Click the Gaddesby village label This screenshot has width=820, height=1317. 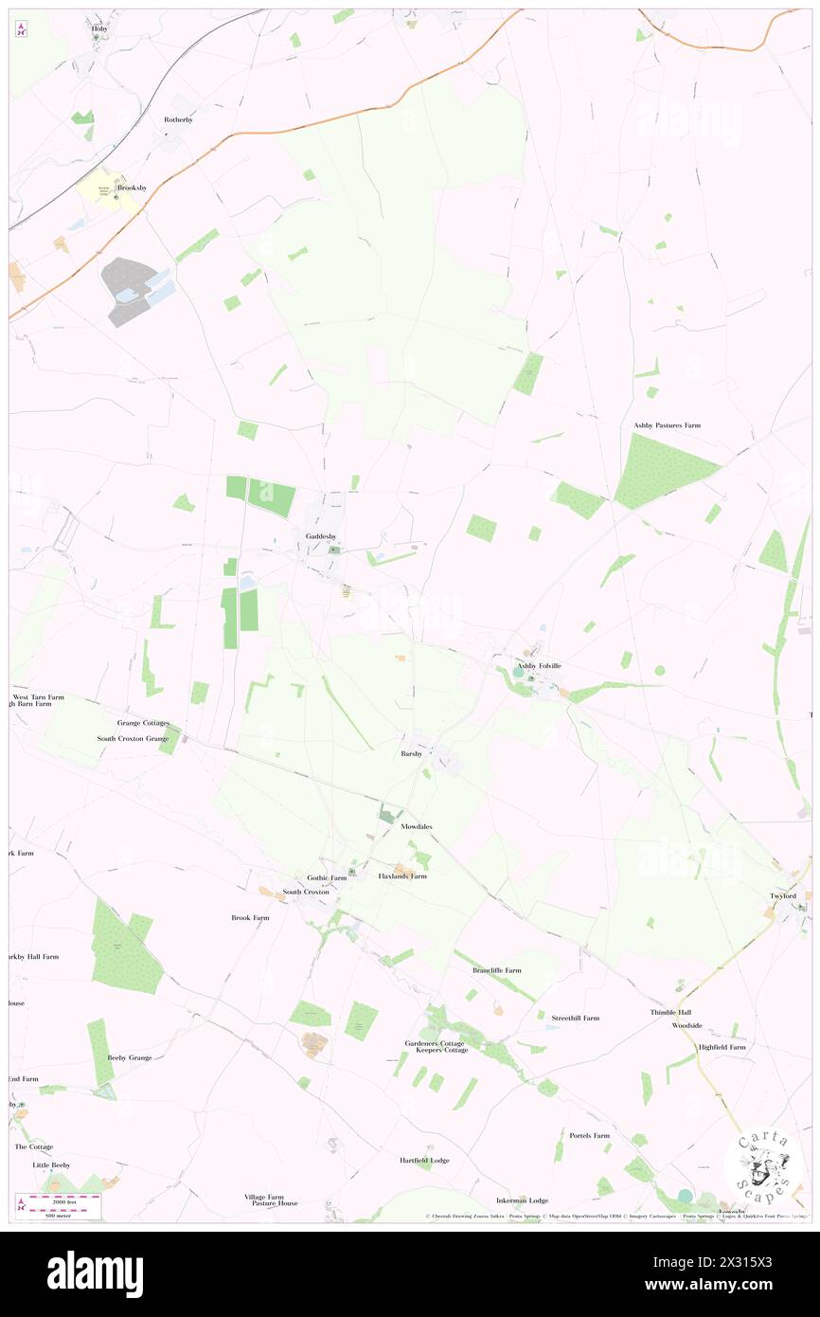click(321, 537)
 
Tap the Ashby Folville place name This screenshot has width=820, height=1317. click(538, 666)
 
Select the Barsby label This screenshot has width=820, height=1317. click(411, 755)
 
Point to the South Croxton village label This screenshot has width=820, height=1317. click(306, 893)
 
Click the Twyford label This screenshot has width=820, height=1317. click(782, 896)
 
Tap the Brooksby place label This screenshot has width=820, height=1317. click(132, 189)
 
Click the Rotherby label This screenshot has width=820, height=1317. click(178, 120)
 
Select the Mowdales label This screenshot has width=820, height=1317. click(417, 827)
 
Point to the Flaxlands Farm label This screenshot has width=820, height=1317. click(402, 876)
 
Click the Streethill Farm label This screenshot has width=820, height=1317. click(576, 1019)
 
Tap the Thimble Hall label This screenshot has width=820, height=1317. click(670, 1013)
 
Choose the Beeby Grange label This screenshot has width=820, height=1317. click(130, 1057)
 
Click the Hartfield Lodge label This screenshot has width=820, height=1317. click(424, 1161)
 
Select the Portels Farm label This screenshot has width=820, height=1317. click(589, 1135)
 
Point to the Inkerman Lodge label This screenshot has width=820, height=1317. click(522, 1200)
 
